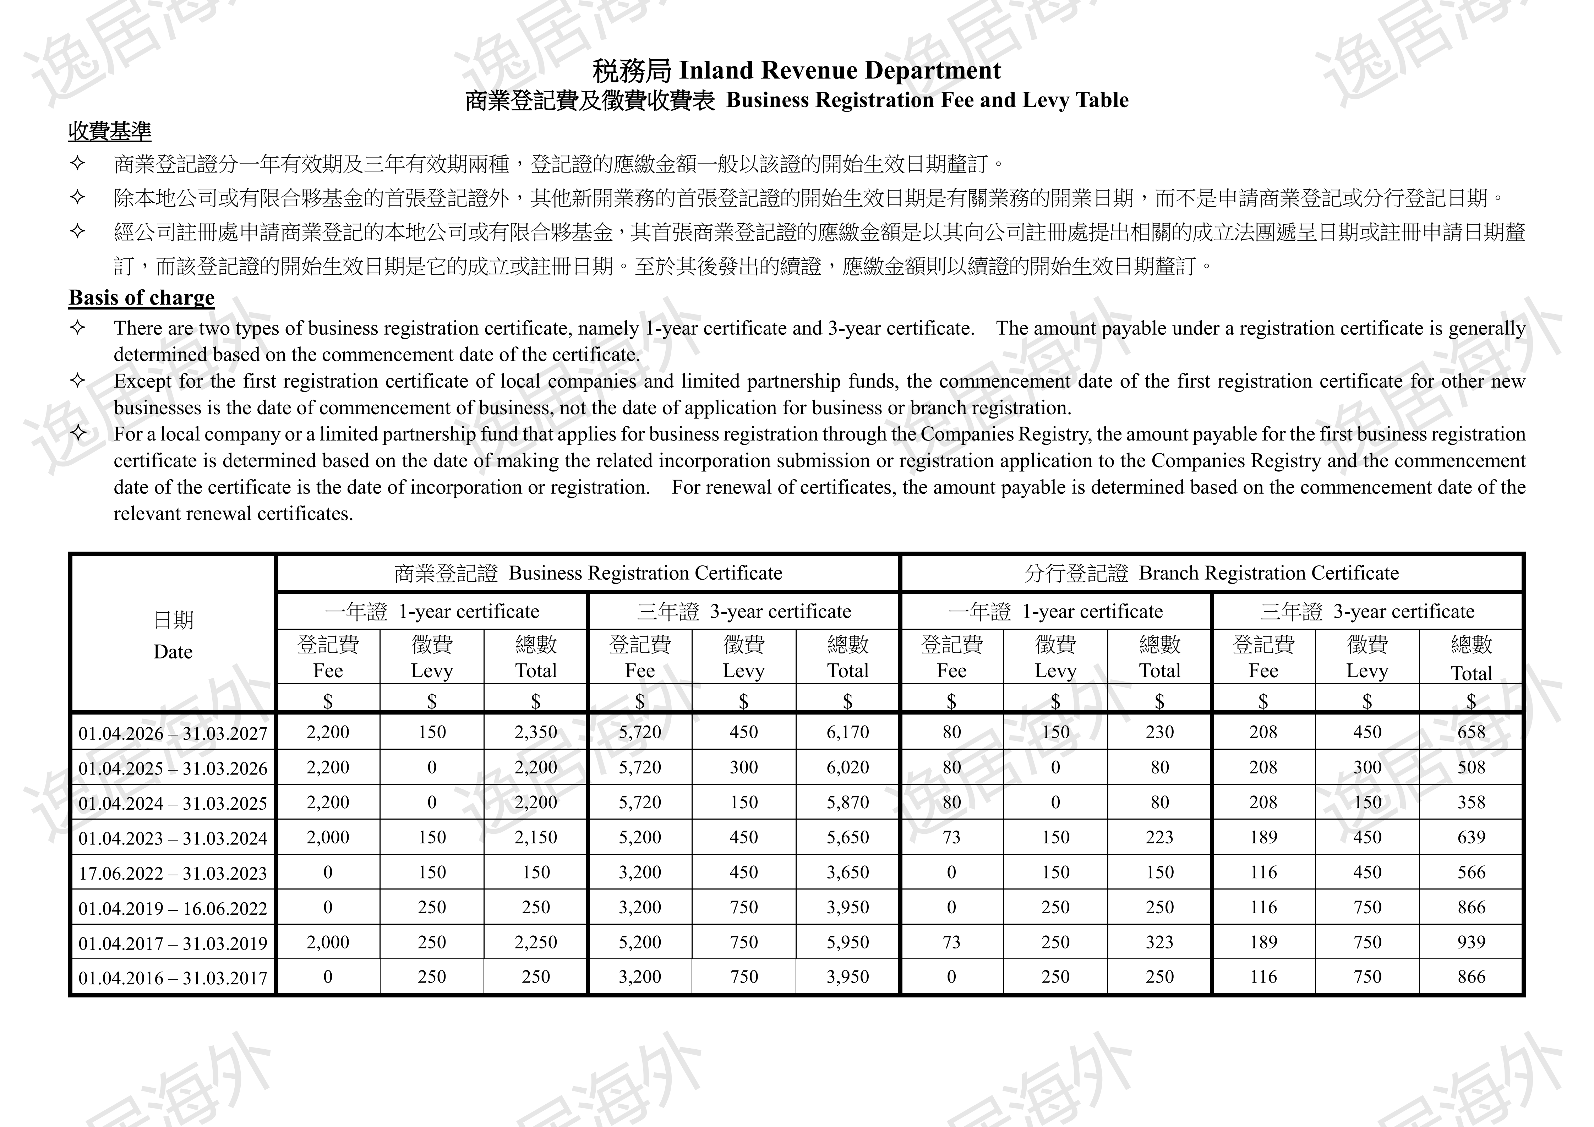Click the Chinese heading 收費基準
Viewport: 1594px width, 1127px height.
110,131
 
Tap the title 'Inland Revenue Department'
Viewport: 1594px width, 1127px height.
839,71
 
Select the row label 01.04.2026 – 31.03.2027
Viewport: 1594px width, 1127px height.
173,733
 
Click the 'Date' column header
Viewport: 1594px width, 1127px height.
173,652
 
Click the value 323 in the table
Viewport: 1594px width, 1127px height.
1159,942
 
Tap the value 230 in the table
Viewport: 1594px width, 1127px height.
1159,732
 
